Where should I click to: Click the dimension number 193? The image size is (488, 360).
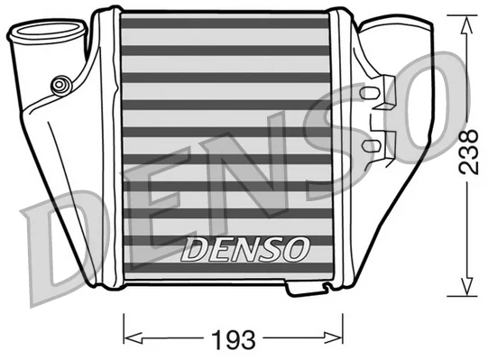coord(234,339)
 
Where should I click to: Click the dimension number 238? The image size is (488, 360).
coord(468,152)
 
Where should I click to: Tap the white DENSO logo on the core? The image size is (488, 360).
coord(244,249)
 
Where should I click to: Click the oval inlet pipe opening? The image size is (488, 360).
coord(47,29)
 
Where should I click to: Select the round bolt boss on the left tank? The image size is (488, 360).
coord(59,85)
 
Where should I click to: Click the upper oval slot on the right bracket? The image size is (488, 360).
coord(369,93)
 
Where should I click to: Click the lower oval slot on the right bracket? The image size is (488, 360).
coord(370,145)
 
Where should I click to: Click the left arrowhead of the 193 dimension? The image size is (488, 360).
coord(134,337)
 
